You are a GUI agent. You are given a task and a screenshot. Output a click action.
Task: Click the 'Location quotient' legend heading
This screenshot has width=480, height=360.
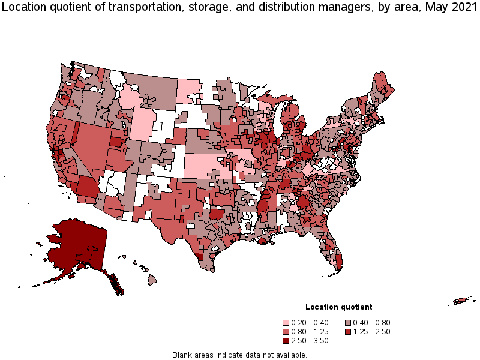(338, 307)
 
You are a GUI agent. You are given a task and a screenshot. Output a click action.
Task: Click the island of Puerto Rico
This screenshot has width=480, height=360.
(463, 300)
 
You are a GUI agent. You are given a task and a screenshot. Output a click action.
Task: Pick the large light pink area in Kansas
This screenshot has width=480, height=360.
(204, 165)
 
